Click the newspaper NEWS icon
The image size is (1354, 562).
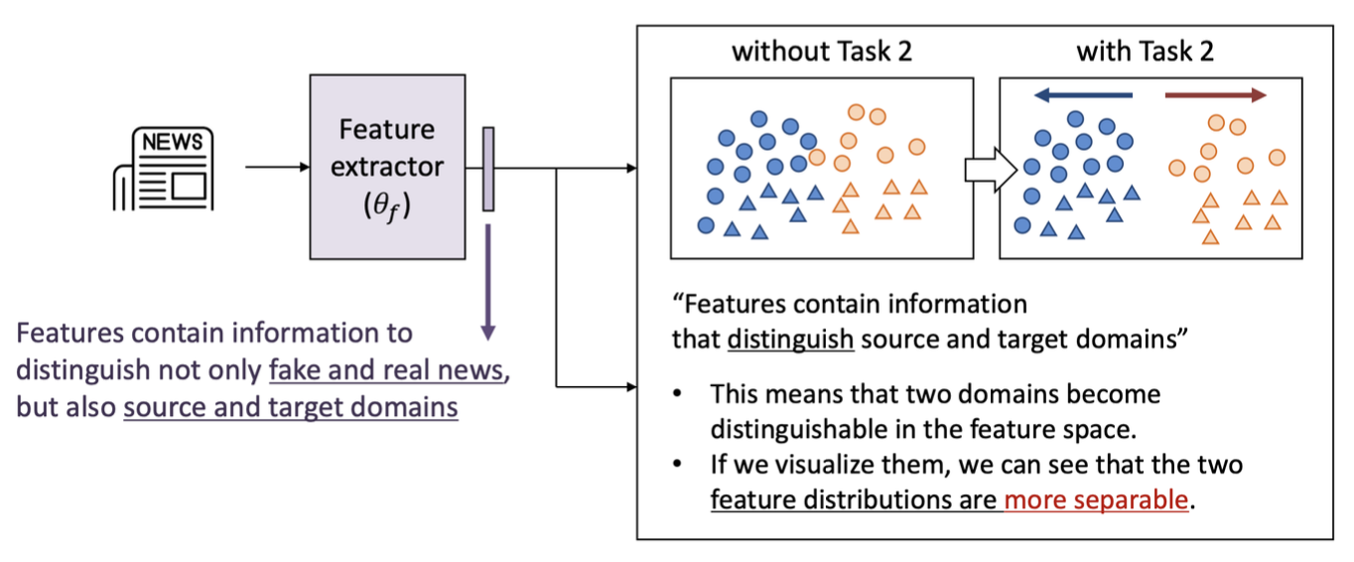pos(164,168)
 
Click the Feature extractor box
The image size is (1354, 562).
pos(387,167)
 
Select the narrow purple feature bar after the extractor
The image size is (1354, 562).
pos(488,169)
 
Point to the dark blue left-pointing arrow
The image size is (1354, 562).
pos(1082,95)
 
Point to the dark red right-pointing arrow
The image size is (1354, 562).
pos(1216,95)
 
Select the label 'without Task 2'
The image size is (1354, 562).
pos(821,51)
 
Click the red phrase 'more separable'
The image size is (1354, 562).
pos(1096,498)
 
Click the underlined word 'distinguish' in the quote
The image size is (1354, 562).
pos(790,339)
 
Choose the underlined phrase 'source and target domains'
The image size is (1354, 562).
pos(291,407)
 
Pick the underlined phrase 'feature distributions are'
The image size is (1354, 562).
pos(854,498)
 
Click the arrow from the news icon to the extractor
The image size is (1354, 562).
pos(277,167)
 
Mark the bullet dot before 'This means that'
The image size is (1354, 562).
pos(676,394)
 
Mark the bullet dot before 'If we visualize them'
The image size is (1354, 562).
pos(676,465)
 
